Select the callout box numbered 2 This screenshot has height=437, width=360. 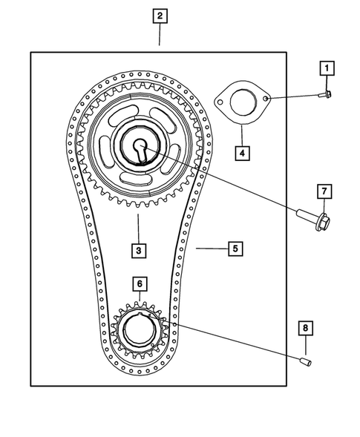tap(160, 15)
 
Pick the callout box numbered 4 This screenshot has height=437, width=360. tap(241, 154)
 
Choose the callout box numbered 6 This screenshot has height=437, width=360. tap(138, 283)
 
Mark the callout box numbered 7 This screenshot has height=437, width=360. tap(324, 192)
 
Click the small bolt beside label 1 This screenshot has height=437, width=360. tap(324, 95)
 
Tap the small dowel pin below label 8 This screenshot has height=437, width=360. tap(304, 361)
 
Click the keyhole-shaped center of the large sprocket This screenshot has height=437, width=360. tap(139, 149)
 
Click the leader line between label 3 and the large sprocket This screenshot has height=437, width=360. tap(138, 226)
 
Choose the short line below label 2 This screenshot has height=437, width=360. tap(160, 34)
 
